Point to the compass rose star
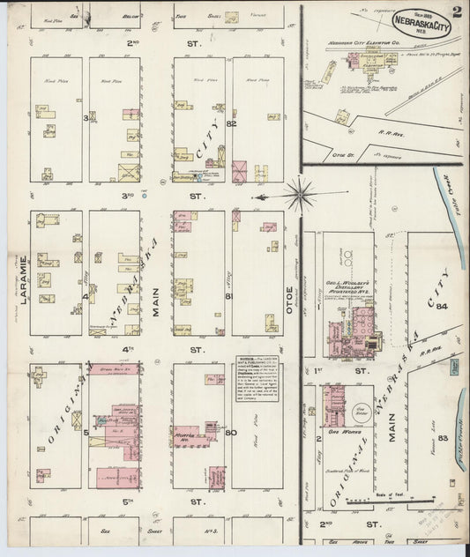point(303,188)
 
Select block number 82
point(231,123)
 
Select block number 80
point(232,432)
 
